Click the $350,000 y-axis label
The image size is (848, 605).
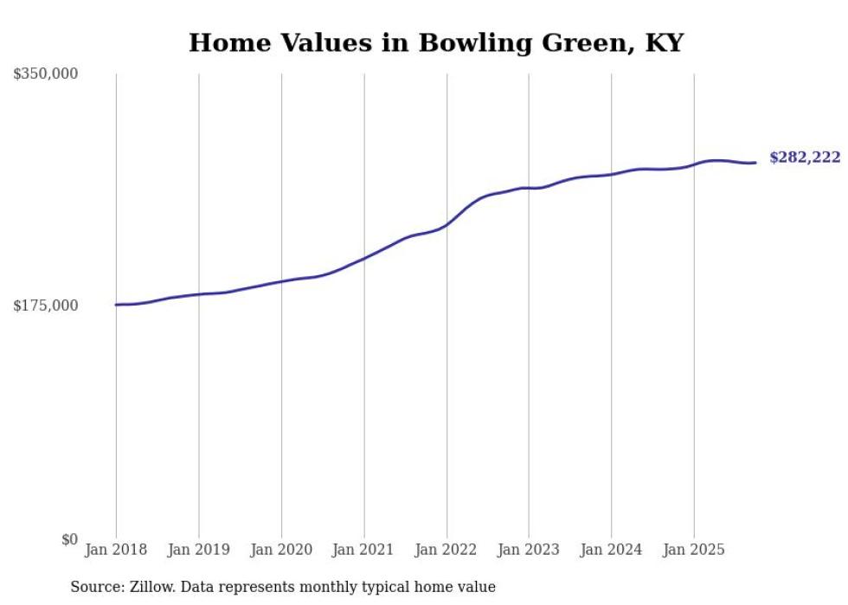(x=46, y=74)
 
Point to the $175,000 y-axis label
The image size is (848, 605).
(x=46, y=306)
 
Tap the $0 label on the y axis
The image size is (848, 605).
(x=69, y=539)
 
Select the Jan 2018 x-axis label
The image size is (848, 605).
(x=116, y=550)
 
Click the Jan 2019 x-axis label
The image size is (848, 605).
(x=199, y=550)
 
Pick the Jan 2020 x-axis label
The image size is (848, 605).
(x=281, y=550)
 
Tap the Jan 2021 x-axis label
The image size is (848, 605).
(x=363, y=550)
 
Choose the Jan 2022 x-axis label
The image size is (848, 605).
(x=446, y=550)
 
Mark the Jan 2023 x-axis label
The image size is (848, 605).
(x=529, y=550)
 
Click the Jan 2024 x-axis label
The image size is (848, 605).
(x=611, y=550)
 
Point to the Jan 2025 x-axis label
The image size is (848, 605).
(x=693, y=550)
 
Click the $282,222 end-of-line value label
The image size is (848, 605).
(x=805, y=158)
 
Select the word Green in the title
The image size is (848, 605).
(x=586, y=43)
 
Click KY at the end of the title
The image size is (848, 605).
(x=665, y=43)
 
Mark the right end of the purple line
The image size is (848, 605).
(x=755, y=163)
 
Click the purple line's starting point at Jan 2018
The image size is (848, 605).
(x=116, y=305)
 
